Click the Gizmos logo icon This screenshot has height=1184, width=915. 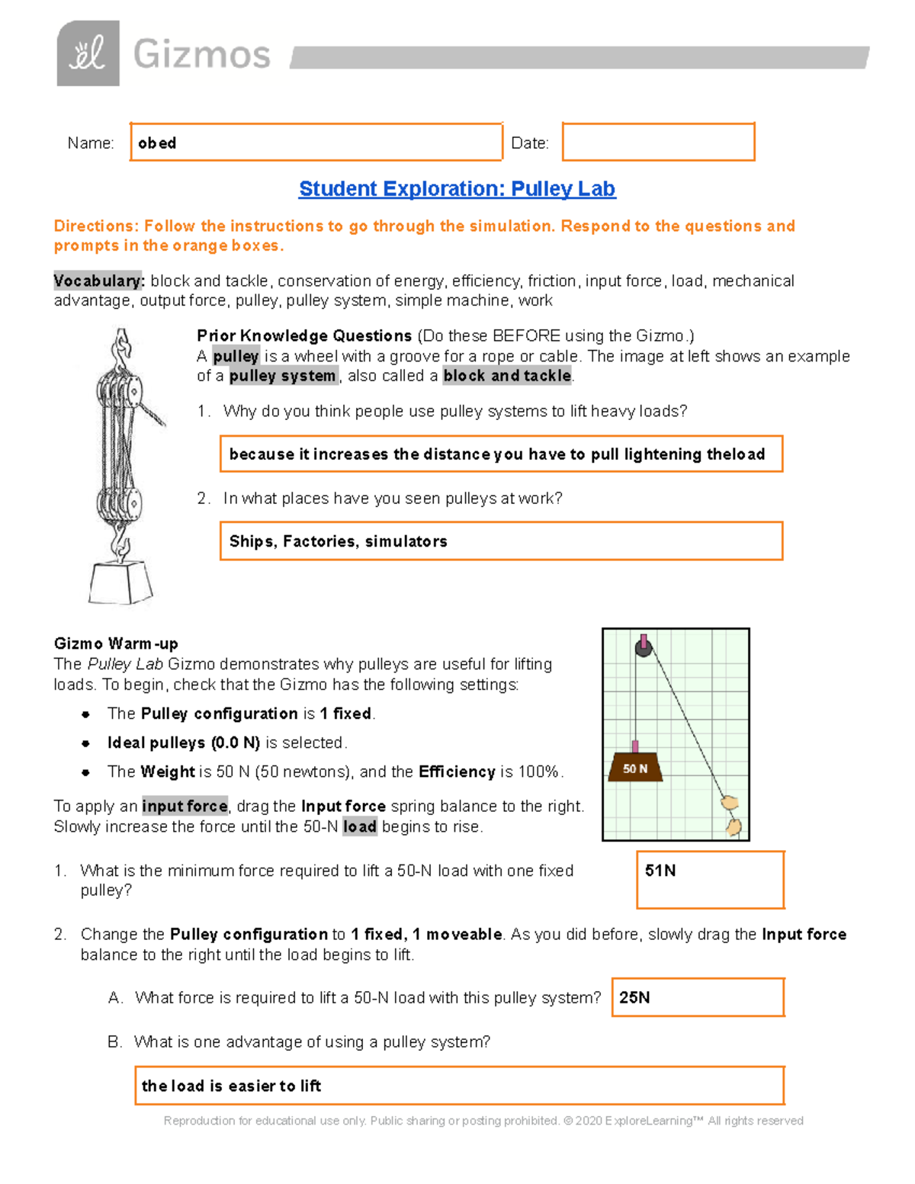(x=88, y=53)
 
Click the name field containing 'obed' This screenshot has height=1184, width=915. (x=316, y=143)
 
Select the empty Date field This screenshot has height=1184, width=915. (x=658, y=143)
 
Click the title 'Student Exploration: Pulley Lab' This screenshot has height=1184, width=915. (x=457, y=189)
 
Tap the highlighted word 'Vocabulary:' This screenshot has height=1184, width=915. (x=98, y=281)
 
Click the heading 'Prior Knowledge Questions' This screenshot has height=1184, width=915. (x=304, y=336)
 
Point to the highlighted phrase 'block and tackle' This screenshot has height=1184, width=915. (x=507, y=376)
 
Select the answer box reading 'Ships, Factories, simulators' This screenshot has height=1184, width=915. (x=501, y=541)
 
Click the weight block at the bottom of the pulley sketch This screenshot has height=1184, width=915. (x=120, y=583)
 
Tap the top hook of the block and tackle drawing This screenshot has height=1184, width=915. (x=121, y=348)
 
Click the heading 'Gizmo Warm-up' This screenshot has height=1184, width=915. (x=116, y=643)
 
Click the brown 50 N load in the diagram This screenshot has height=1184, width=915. (x=634, y=768)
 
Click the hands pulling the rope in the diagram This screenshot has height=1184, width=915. (x=731, y=816)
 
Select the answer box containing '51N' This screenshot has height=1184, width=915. (x=710, y=880)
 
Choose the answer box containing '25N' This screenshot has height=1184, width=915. (x=698, y=997)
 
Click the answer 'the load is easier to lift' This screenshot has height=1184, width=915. (x=459, y=1086)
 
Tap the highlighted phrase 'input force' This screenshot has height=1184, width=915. (x=185, y=807)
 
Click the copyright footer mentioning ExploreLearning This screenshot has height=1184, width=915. (x=483, y=1121)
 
